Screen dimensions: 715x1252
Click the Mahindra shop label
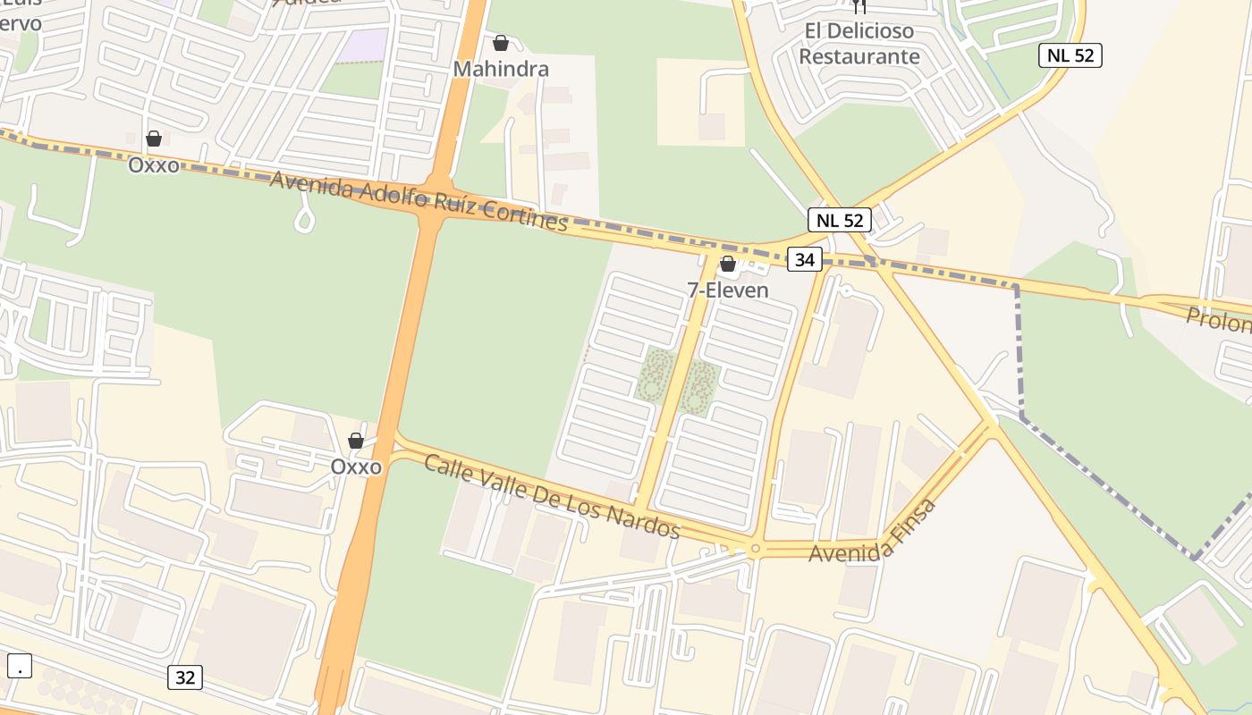[501, 69]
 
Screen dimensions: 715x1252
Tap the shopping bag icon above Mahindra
[501, 43]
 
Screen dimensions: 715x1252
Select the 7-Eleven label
[728, 290]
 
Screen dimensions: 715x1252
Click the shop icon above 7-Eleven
[728, 264]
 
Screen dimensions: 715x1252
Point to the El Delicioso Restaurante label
[859, 44]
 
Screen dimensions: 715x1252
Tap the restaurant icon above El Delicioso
[859, 6]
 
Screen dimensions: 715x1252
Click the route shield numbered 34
[805, 260]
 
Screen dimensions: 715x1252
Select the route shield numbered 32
[185, 677]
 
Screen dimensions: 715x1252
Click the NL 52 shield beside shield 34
[839, 220]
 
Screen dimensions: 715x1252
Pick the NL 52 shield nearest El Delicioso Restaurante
[1070, 55]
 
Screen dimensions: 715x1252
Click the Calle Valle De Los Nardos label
[552, 496]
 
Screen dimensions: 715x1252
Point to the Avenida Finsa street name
[873, 531]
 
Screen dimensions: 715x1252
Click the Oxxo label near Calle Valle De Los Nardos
[356, 467]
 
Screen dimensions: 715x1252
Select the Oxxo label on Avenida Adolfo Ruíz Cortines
[154, 164]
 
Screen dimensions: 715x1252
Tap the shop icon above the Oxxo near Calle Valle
[356, 441]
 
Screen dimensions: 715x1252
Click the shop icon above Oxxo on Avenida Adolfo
[154, 139]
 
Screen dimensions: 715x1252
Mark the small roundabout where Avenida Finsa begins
[756, 549]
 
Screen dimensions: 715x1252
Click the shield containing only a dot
[20, 666]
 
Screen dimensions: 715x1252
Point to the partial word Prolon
[1218, 319]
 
